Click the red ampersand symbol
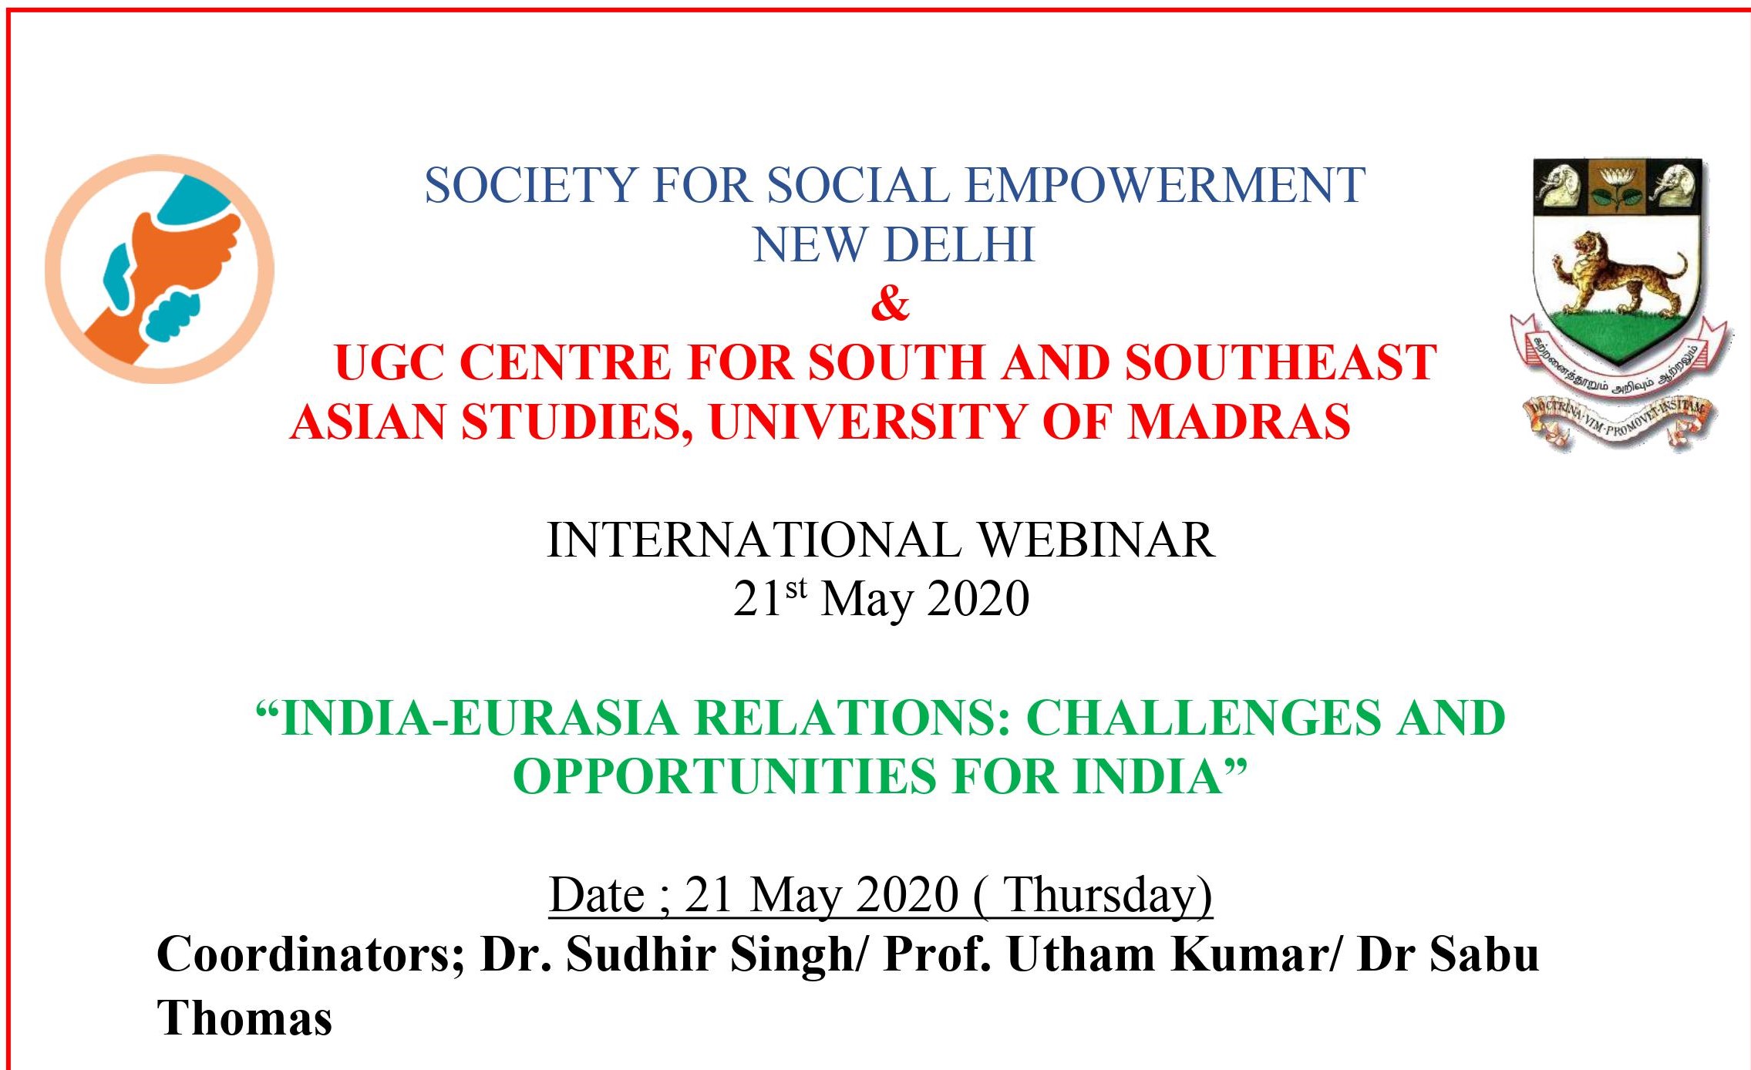tap(891, 303)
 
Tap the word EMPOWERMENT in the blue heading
tap(1165, 185)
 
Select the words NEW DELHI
tap(894, 244)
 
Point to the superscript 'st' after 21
tap(796, 589)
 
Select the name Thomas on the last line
tap(244, 1017)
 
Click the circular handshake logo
tap(160, 269)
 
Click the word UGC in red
tap(389, 362)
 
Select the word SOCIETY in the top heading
tap(531, 185)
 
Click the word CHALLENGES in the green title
tap(1202, 718)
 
